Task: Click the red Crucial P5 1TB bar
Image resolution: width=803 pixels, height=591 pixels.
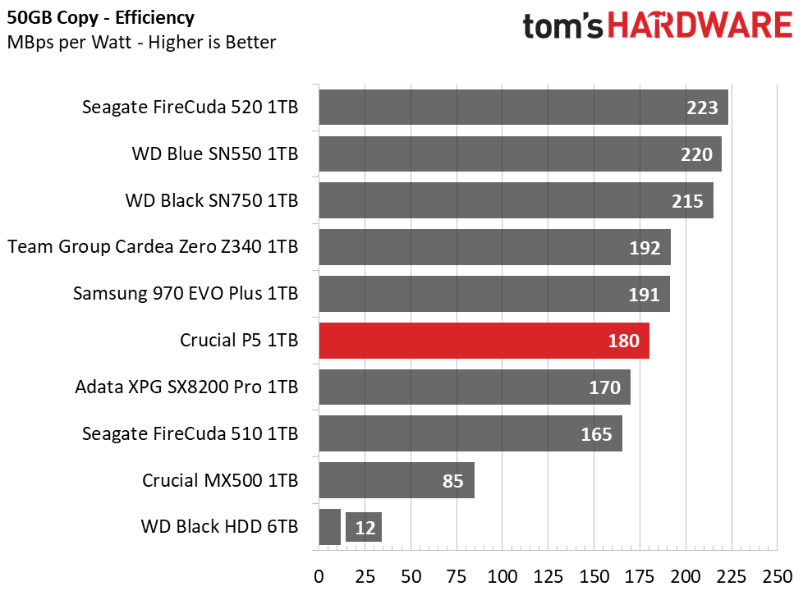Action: click(484, 341)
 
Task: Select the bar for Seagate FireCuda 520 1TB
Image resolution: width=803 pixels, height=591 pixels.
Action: click(523, 108)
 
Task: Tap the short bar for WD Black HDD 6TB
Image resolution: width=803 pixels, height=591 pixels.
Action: click(329, 527)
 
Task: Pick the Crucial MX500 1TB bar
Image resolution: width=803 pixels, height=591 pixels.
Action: click(396, 480)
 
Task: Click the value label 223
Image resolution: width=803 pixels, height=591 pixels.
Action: click(702, 108)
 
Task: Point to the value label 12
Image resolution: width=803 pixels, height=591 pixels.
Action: click(365, 528)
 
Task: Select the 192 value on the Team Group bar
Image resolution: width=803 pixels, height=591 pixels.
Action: click(645, 247)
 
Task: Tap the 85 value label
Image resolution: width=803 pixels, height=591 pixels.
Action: click(452, 481)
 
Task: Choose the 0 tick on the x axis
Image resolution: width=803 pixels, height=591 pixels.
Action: click(319, 575)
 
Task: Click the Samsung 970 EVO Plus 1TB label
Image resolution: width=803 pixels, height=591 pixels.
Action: click(185, 294)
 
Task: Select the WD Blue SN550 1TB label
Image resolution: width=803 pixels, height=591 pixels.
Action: click(214, 153)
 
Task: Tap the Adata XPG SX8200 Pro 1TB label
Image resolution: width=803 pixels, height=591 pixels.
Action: click(186, 387)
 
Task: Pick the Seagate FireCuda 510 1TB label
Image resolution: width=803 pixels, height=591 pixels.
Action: click(190, 433)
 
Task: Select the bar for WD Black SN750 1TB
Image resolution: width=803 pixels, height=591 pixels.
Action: click(516, 200)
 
